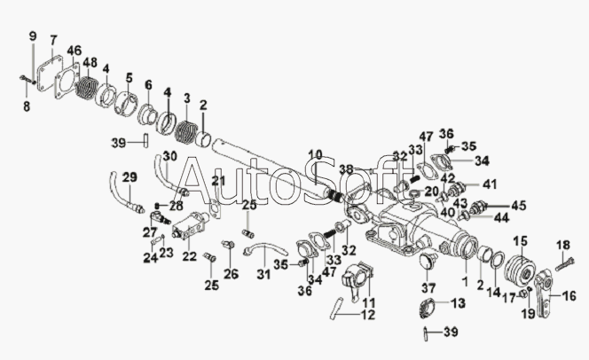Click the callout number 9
(x=33, y=35)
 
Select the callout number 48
(x=89, y=62)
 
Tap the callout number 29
(x=129, y=178)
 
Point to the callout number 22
(x=189, y=257)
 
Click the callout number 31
(x=263, y=274)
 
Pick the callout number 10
(x=316, y=155)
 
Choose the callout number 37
(x=429, y=287)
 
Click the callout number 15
(x=521, y=240)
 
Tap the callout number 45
(x=519, y=206)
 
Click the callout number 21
(x=215, y=181)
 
